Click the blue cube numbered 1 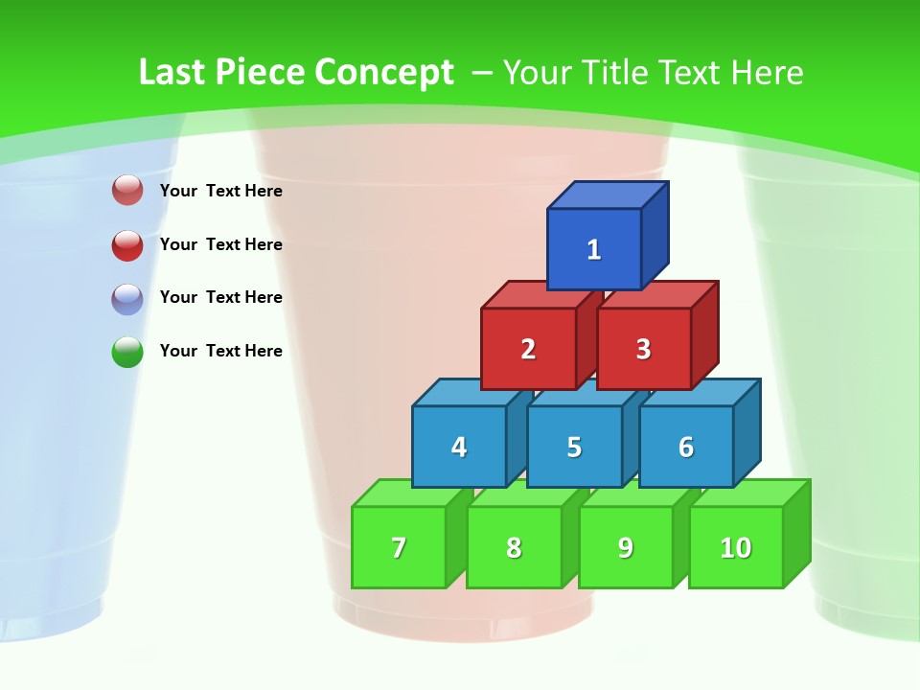[594, 249]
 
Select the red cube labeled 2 [528, 349]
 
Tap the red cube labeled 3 [643, 349]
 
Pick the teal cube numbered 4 [459, 447]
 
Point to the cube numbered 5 [574, 447]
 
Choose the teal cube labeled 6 [686, 447]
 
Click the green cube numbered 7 [399, 547]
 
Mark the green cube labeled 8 [514, 547]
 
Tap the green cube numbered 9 [626, 547]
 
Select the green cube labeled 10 [736, 547]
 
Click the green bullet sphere [127, 352]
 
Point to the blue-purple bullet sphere [127, 299]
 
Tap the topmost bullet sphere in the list [127, 191]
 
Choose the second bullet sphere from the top [127, 245]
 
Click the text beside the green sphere [221, 351]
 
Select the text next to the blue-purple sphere [221, 297]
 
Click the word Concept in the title [384, 72]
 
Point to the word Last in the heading [172, 72]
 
